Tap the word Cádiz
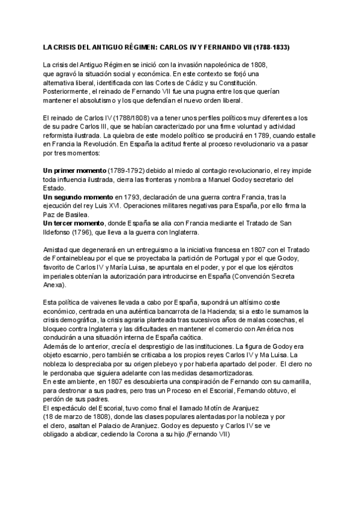212,82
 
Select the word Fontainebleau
67,258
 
